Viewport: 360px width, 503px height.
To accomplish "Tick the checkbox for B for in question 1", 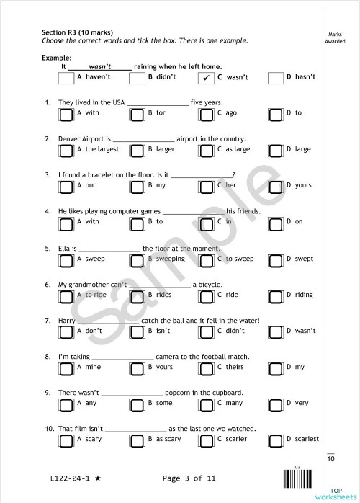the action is pyautogui.click(x=136, y=114).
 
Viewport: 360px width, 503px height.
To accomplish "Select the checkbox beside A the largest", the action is pyautogui.click(x=66, y=150).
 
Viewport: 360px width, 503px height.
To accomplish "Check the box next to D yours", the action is pyautogui.click(x=276, y=186).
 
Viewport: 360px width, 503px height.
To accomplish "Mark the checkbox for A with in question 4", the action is pyautogui.click(x=66, y=222).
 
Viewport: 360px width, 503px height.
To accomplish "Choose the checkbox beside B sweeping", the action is pyautogui.click(x=136, y=259).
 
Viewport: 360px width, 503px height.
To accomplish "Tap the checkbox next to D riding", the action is pyautogui.click(x=276, y=295).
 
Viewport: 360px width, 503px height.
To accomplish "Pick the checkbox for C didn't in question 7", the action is pyautogui.click(x=206, y=331).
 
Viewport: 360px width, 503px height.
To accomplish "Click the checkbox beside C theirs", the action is pyautogui.click(x=206, y=368).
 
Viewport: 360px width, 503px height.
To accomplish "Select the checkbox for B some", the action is pyautogui.click(x=136, y=404).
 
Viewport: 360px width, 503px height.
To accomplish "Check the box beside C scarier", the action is pyautogui.click(x=206, y=440).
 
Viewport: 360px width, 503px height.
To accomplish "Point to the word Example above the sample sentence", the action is pyautogui.click(x=57, y=57).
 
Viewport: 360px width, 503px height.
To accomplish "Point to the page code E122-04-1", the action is pyautogui.click(x=71, y=478).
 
